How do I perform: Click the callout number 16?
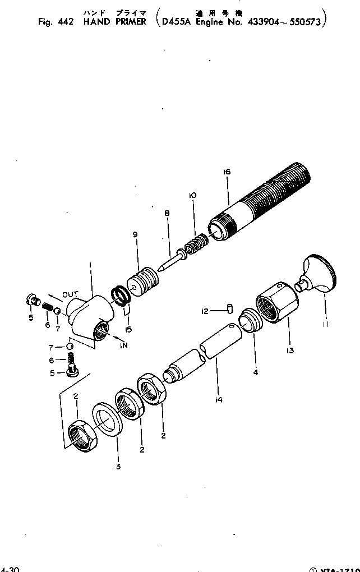pyautogui.click(x=227, y=172)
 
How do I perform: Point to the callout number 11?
pyautogui.click(x=326, y=324)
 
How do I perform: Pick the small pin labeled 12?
pyautogui.click(x=230, y=307)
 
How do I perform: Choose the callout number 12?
pyautogui.click(x=205, y=310)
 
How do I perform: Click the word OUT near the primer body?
pyautogui.click(x=70, y=294)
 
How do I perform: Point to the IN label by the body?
pyautogui.click(x=123, y=345)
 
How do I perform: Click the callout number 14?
pyautogui.click(x=219, y=399)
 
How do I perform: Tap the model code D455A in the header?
pyautogui.click(x=174, y=22)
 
